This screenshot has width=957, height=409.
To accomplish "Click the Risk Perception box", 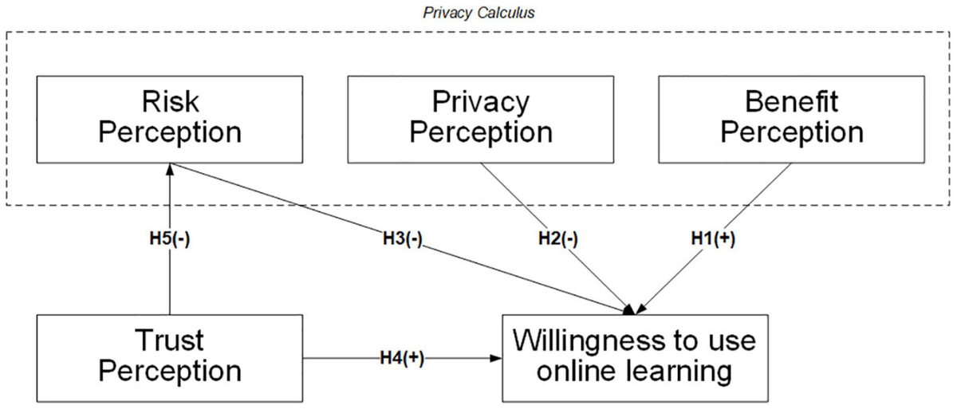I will pos(169,116).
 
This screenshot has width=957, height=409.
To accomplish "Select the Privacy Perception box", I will pos(480,116).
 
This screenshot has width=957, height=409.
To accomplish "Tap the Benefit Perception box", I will pos(791,116).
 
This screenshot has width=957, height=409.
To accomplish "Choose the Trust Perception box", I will pos(169,357).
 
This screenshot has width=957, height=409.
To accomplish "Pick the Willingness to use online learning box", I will pos(634,357).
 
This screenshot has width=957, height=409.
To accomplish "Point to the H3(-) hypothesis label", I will pos(400,240).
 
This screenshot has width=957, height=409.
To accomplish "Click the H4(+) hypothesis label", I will pos(401,358).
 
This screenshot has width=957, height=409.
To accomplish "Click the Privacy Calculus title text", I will pos(479,14).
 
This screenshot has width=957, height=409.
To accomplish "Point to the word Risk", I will pos(169,101).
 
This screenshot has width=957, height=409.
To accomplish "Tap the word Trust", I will pos(169,341).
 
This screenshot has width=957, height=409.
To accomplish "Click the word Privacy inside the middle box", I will pos(480,101).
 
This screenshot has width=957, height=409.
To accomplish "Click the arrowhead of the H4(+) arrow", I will pos(495,358).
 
